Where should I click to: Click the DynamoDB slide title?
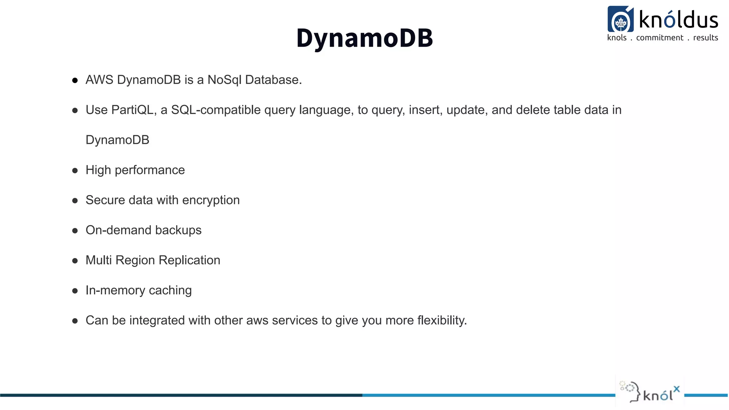click(x=364, y=38)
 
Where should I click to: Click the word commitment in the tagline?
click(x=660, y=38)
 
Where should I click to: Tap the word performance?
click(x=150, y=170)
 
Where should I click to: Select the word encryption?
click(x=211, y=200)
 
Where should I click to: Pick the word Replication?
click(x=189, y=260)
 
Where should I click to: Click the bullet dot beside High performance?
click(x=75, y=171)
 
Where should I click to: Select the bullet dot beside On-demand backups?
click(x=75, y=231)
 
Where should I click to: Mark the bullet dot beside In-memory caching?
click(x=75, y=291)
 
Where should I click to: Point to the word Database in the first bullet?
click(x=273, y=80)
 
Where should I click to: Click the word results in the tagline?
click(x=706, y=38)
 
